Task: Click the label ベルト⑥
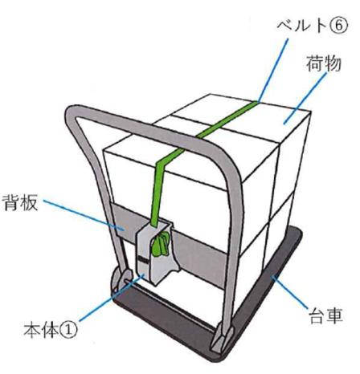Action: pos(312,26)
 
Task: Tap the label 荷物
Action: pos(324,63)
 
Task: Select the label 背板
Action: pos(20,202)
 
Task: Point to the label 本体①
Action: pos(51,330)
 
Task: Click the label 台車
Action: pos(325,316)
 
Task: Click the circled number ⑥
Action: pos(339,26)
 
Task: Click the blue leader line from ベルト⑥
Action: pos(273,71)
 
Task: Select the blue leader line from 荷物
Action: pos(305,98)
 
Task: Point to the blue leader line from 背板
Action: pos(84,215)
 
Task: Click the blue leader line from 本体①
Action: pos(112,298)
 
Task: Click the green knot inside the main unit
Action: pos(160,244)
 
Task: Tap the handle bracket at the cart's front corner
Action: pos(221,339)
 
